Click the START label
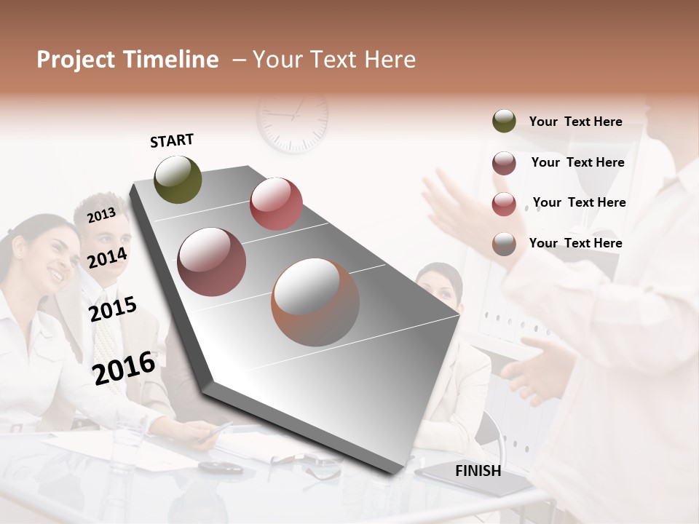tap(172, 140)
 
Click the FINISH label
tap(478, 471)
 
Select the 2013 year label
tap(101, 215)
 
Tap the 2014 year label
tap(107, 258)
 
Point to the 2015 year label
tap(112, 309)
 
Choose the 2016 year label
tap(124, 368)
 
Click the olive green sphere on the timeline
tap(178, 179)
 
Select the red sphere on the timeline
tap(276, 203)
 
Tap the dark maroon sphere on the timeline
tap(212, 261)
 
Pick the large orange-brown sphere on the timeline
tap(315, 302)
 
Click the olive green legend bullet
tap(504, 122)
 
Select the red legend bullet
tap(504, 204)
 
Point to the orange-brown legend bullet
tap(504, 244)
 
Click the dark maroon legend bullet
tap(504, 163)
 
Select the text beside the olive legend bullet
tap(575, 122)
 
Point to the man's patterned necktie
tap(107, 342)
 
